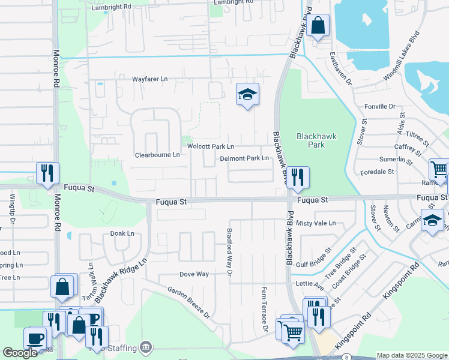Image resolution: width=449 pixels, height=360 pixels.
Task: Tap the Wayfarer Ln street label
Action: click(x=150, y=79)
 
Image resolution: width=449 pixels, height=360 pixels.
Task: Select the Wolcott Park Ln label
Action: click(x=210, y=146)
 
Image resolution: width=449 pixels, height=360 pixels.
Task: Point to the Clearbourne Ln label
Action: click(x=157, y=155)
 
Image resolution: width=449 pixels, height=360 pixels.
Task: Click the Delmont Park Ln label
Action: click(x=244, y=158)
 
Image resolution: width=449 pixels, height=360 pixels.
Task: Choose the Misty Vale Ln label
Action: click(x=316, y=223)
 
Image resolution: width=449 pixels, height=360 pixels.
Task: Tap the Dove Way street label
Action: click(x=194, y=274)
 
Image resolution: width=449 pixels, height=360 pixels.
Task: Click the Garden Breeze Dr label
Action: click(x=188, y=302)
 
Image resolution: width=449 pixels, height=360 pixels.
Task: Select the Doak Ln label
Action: click(x=122, y=233)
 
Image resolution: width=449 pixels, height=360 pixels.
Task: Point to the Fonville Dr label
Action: click(x=380, y=106)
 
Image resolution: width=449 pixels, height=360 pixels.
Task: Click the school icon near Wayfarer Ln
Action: click(x=247, y=94)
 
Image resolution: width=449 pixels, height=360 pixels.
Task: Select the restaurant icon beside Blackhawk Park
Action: click(x=297, y=177)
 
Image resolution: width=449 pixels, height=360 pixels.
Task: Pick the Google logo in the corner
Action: click(x=20, y=353)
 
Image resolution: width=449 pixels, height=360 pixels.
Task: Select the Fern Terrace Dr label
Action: click(x=264, y=310)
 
